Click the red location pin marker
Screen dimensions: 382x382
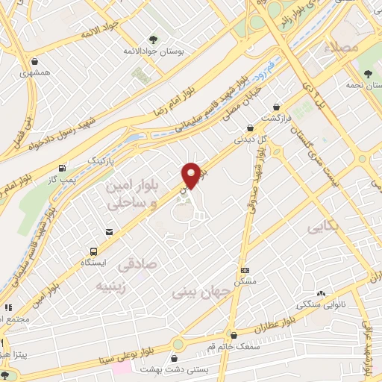192,175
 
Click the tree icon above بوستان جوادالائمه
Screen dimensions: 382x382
153,39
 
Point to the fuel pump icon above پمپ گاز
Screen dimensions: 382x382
61,167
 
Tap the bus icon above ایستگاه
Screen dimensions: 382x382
94,251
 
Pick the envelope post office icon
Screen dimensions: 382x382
109,232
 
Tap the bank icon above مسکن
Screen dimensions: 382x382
245,269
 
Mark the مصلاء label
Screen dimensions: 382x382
342,46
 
